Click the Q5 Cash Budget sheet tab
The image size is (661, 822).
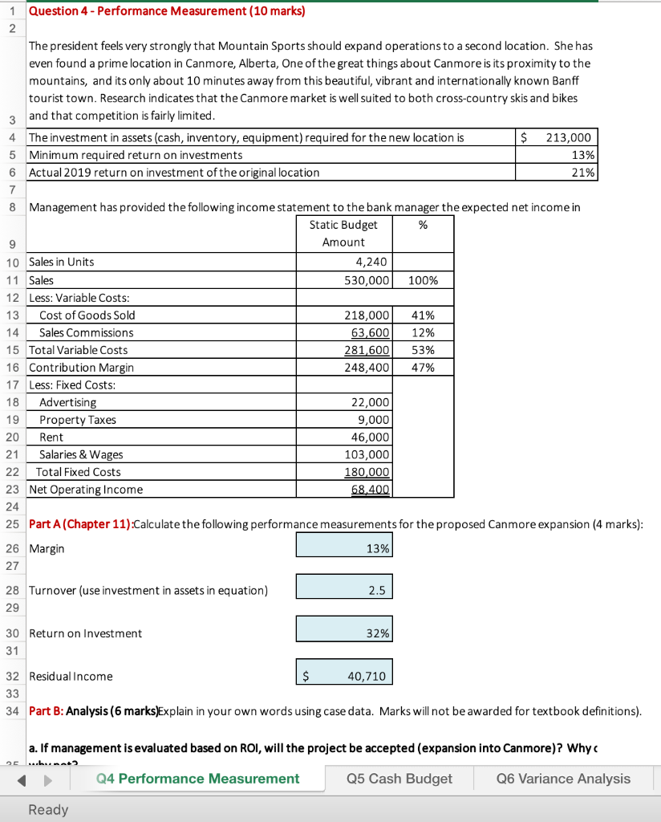pos(399,779)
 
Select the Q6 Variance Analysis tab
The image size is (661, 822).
pos(563,779)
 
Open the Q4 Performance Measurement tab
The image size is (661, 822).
pos(197,779)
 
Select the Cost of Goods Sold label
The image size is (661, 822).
pos(87,315)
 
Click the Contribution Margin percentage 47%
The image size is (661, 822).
pos(423,368)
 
